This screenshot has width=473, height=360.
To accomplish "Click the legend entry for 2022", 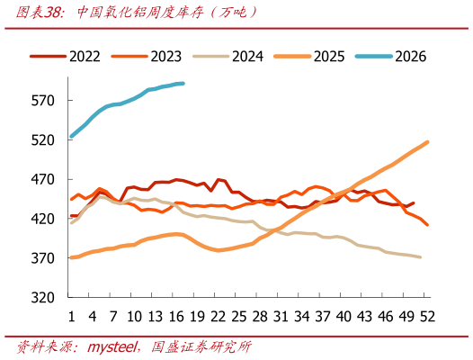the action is click(x=65, y=57).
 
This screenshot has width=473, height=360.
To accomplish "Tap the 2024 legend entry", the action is click(x=228, y=57).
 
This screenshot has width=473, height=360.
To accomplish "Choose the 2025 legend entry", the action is click(x=309, y=57).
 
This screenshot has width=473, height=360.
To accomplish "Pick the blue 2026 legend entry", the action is click(x=391, y=57).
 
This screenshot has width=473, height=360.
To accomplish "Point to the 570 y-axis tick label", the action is click(x=43, y=101).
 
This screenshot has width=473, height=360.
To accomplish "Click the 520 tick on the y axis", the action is click(x=43, y=140).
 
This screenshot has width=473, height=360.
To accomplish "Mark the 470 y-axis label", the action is click(x=43, y=180).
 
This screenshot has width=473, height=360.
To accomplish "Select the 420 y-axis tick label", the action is click(x=43, y=219).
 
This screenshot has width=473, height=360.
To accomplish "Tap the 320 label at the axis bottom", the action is click(x=43, y=298).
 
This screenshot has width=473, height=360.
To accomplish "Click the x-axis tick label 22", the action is click(x=219, y=317).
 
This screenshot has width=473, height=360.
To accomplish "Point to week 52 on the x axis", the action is click(x=427, y=317).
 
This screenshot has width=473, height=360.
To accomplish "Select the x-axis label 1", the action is click(x=72, y=317).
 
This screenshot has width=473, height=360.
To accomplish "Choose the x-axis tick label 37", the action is click(x=323, y=317).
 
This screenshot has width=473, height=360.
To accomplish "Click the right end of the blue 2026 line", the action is click(x=183, y=84).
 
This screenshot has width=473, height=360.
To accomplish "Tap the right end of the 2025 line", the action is click(x=427, y=142).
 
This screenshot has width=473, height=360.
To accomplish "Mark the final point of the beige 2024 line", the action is click(x=420, y=257).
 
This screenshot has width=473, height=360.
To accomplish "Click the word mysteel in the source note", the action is click(x=112, y=347).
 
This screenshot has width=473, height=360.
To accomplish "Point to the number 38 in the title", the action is click(x=53, y=13).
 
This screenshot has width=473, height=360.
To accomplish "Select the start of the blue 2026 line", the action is click(x=71, y=137).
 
